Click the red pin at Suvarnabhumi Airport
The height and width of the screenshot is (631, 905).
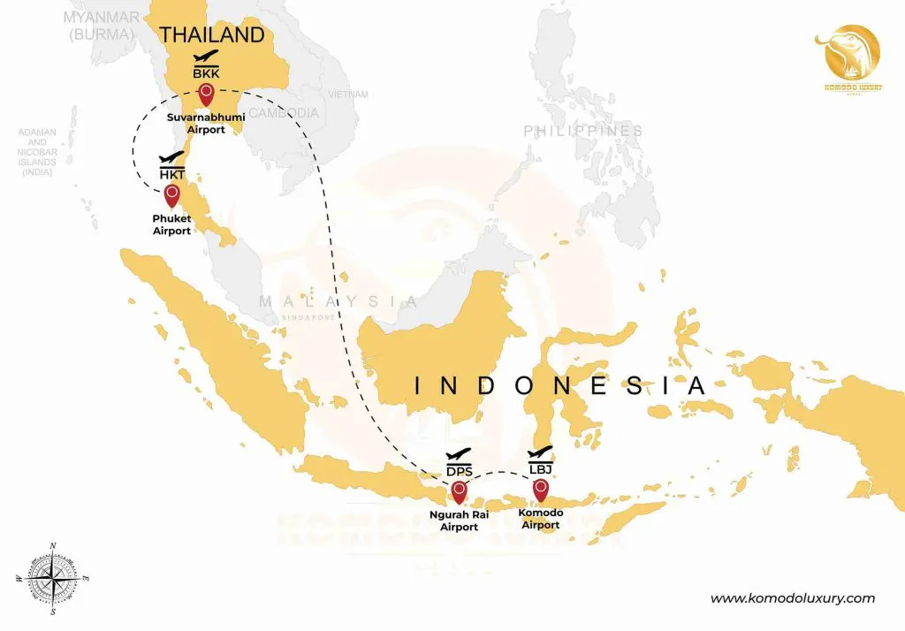click(x=206, y=93)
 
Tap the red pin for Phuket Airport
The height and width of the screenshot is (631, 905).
click(x=171, y=194)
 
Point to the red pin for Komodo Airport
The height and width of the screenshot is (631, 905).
click(x=540, y=488)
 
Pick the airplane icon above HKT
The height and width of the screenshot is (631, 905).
click(x=171, y=159)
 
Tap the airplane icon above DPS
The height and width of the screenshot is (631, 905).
click(x=459, y=455)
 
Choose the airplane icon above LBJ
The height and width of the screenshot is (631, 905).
click(x=540, y=452)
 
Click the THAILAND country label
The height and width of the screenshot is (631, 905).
click(x=211, y=34)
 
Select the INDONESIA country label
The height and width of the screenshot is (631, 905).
click(x=560, y=386)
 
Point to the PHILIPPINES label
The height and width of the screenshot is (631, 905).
click(x=583, y=131)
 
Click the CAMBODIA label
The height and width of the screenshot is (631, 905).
click(x=284, y=113)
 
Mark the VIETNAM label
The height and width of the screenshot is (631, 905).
click(x=347, y=94)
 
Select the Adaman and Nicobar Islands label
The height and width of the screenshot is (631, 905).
click(x=37, y=152)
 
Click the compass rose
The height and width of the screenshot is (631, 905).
click(x=53, y=578)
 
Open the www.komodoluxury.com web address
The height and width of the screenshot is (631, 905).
click(x=793, y=598)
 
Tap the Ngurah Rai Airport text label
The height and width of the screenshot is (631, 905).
click(x=459, y=520)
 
